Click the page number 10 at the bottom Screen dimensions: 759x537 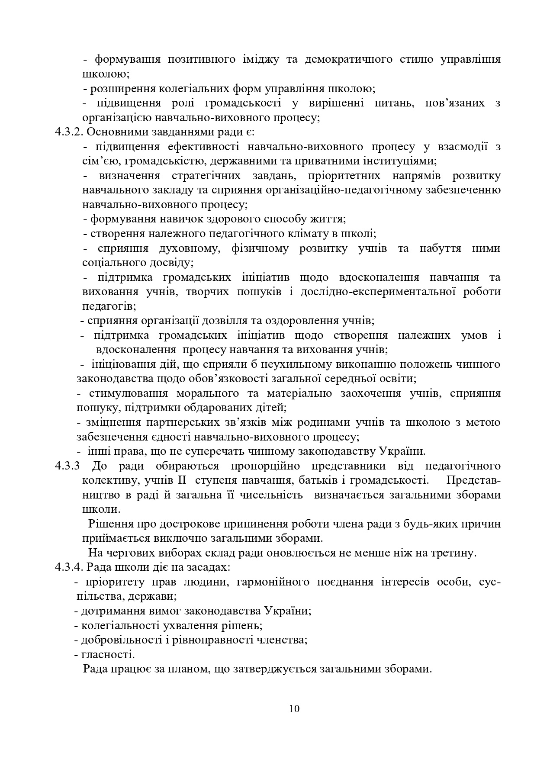[294, 708]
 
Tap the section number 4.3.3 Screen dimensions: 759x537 [68, 466]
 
